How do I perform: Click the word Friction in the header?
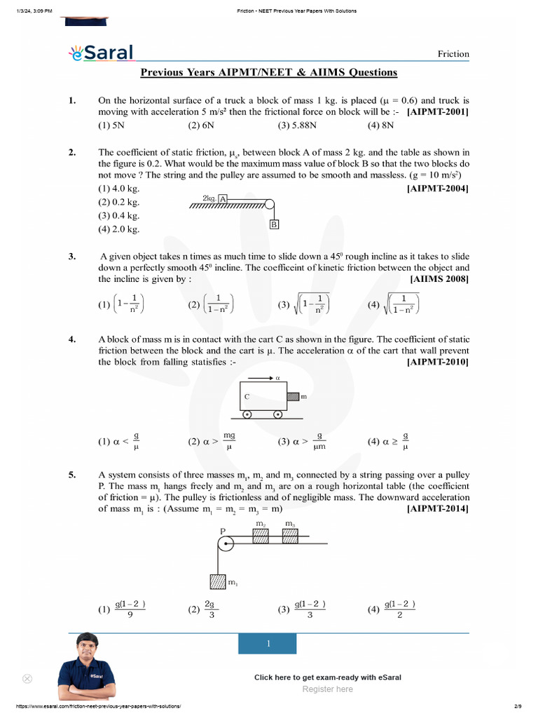[453, 54]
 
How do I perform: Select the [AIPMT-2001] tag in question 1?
[438, 112]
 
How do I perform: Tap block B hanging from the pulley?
[275, 224]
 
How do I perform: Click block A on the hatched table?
[223, 199]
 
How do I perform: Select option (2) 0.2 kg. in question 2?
[118, 202]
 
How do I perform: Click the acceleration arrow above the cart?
[263, 377]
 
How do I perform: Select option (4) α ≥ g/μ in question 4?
[387, 442]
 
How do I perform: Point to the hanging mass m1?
[219, 581]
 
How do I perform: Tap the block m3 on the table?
[290, 536]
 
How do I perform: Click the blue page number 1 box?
[268, 644]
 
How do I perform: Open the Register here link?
[327, 689]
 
